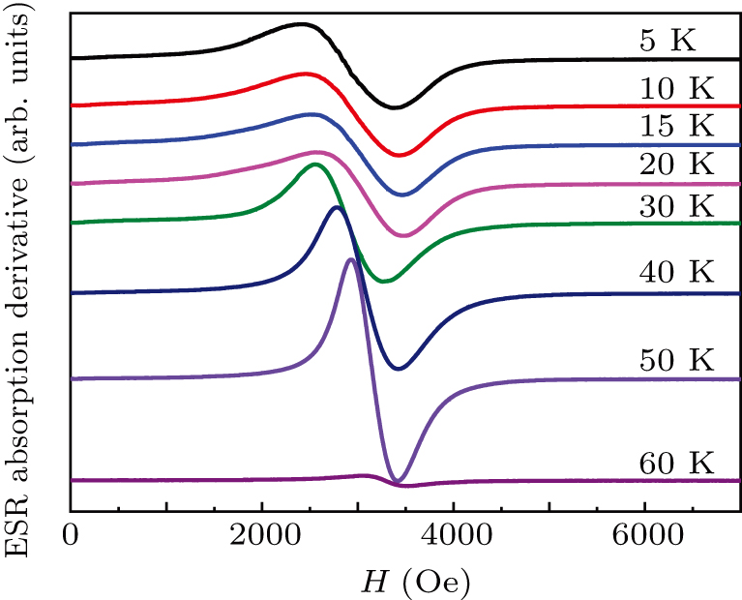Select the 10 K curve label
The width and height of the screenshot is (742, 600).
coord(675,89)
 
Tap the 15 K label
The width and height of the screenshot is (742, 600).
coord(675,126)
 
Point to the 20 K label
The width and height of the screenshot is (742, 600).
coord(675,165)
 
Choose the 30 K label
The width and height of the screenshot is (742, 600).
coord(675,205)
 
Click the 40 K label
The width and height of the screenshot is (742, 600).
coord(675,273)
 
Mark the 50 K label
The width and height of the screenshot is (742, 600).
coord(675,359)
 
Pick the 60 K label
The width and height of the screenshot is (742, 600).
coord(675,462)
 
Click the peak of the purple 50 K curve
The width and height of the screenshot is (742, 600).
coord(350,259)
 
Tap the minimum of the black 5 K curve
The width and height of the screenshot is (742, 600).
coord(393,107)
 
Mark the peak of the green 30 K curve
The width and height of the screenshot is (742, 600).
coord(315,165)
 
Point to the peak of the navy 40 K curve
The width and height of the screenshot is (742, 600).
coord(335,207)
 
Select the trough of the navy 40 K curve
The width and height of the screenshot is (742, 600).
coord(399,369)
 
